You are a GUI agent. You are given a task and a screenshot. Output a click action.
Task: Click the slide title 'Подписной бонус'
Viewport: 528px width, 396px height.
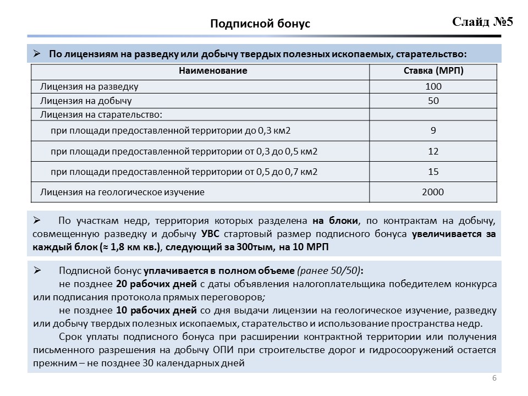(260, 24)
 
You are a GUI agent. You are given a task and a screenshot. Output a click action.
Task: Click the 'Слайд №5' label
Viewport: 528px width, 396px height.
(482, 22)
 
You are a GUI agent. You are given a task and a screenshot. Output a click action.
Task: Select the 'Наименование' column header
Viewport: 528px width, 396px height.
(213, 71)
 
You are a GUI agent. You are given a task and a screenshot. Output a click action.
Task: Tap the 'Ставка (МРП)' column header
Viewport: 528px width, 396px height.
(433, 71)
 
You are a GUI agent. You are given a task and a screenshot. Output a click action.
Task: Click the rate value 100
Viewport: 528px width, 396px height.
(433, 86)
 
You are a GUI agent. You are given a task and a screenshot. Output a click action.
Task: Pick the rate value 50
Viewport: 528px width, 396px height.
(433, 101)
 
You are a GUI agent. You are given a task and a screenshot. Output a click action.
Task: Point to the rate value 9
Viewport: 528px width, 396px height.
(433, 131)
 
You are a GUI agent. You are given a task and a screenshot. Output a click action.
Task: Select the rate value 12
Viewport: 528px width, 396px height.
(433, 151)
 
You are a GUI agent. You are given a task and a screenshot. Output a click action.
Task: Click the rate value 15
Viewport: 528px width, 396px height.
(433, 172)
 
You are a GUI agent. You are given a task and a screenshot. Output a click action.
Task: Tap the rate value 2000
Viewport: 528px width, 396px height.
(433, 192)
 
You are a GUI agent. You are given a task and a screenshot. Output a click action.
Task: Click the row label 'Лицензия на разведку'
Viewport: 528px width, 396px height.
(89, 86)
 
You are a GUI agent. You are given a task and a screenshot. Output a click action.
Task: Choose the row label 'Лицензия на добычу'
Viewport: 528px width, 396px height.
(86, 101)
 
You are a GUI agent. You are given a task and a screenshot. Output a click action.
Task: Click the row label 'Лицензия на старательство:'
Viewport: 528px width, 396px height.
(102, 114)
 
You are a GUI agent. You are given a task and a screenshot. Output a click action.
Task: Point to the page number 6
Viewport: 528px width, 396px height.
(494, 378)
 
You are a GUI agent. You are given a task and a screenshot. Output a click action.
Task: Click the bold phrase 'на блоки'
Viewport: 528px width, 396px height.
(335, 221)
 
